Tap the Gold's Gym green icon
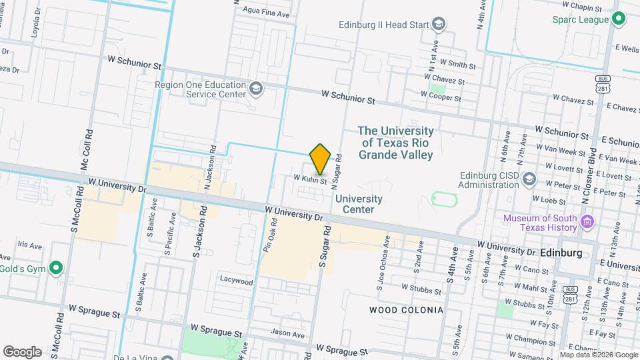(x=57, y=269)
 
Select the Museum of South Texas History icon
(x=587, y=221)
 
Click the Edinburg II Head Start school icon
(x=439, y=25)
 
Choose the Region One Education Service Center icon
(x=256, y=89)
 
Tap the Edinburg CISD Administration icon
(x=529, y=179)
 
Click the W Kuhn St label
(x=310, y=179)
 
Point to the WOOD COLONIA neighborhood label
(x=406, y=310)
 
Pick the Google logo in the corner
(x=21, y=351)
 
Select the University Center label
(x=359, y=204)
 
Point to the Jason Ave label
(x=288, y=333)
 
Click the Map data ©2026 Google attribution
(x=598, y=355)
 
